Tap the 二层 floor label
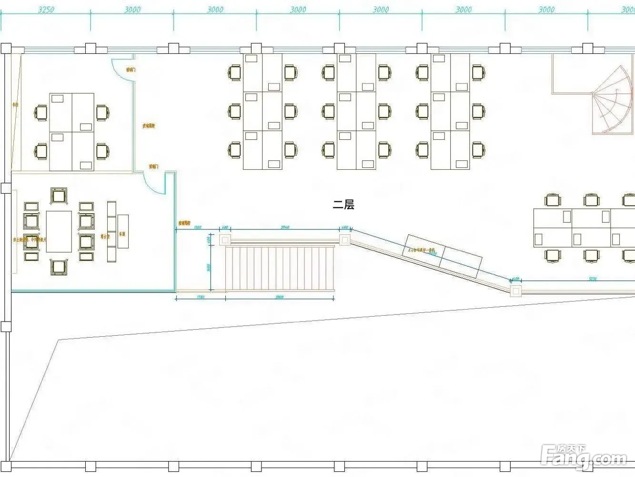pyautogui.click(x=343, y=205)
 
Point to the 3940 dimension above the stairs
pyautogui.click(x=285, y=228)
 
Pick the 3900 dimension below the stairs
pyautogui.click(x=280, y=297)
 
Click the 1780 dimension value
pyautogui.click(x=200, y=297)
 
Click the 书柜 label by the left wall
pyautogui.click(x=15, y=104)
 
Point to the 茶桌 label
pyautogui.click(x=122, y=234)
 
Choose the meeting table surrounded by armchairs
pyautogui.click(x=59, y=231)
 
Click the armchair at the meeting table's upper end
pyautogui.click(x=59, y=196)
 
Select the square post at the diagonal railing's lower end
pyautogui.click(x=515, y=290)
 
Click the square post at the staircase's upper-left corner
pyautogui.click(x=225, y=240)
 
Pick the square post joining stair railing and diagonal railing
pyautogui.click(x=344, y=239)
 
